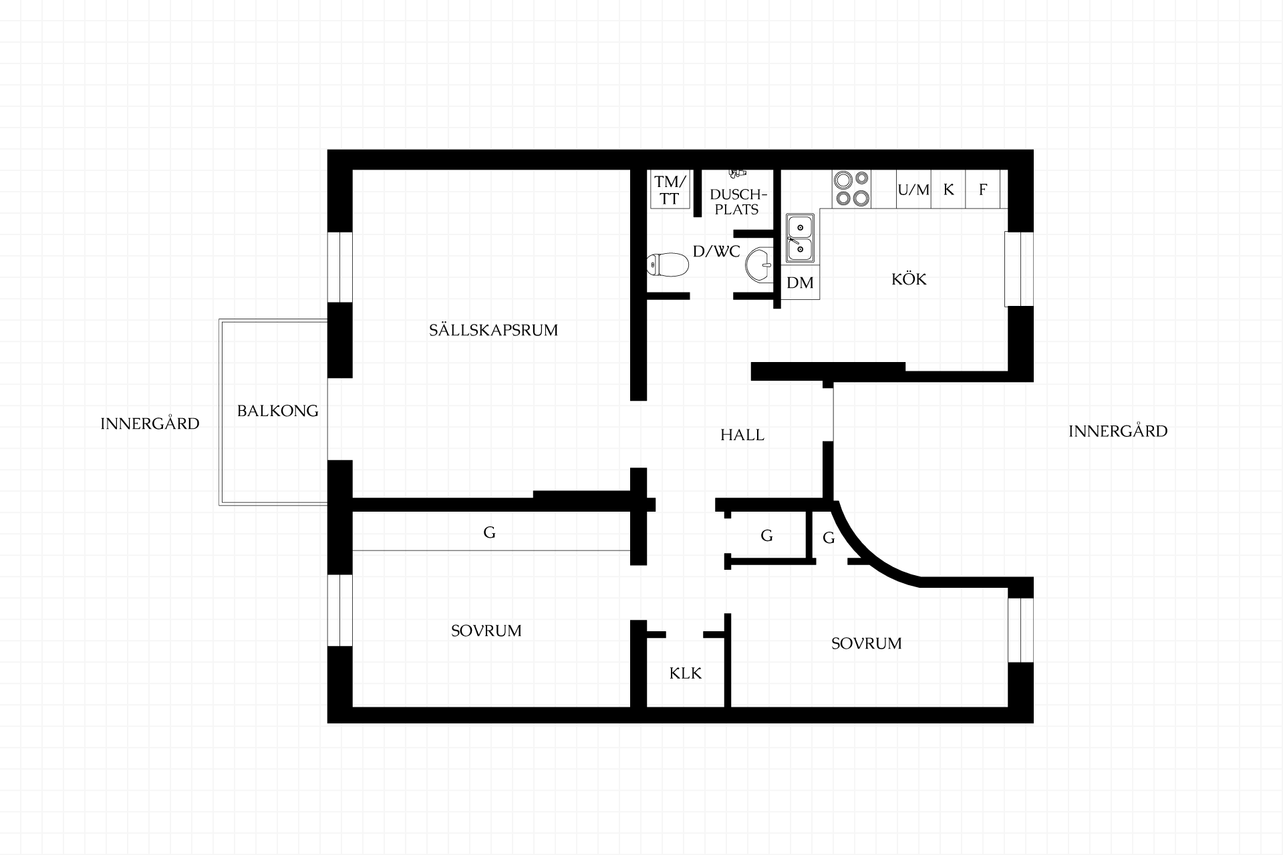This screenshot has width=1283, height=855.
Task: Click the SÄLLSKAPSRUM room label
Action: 493,330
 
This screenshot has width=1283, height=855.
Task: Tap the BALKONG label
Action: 278,411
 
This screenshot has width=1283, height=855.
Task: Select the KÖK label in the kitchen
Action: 909,279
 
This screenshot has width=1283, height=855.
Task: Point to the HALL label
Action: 742,435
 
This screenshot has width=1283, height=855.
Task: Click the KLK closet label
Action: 686,673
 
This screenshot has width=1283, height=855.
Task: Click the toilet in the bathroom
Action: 668,265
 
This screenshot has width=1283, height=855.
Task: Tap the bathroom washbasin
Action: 760,264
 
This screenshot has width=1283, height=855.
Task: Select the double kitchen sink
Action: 800,237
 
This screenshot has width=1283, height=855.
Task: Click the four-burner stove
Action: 851,188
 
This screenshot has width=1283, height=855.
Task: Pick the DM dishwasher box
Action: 800,283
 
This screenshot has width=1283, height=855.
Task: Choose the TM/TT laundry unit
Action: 670,190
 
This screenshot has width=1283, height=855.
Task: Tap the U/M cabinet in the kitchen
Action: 913,190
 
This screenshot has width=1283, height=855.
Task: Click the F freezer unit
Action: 983,190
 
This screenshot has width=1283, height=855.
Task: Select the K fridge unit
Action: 948,190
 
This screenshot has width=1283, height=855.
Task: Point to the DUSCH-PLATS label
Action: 737,202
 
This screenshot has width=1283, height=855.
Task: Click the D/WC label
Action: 716,252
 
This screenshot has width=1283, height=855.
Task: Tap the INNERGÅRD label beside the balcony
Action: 150,423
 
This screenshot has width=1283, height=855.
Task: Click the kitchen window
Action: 1019,269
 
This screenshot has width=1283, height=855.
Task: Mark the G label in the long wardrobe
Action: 489,532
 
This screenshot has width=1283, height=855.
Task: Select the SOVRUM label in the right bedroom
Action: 867,643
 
